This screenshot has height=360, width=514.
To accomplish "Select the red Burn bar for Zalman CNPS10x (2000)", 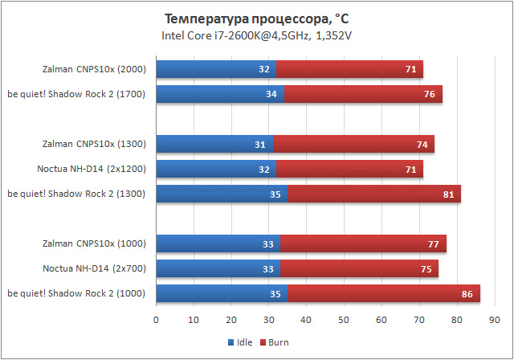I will click(349, 70).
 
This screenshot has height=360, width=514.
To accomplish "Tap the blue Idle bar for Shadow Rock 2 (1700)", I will click(219, 94).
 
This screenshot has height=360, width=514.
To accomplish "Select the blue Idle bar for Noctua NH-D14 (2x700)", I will click(218, 269).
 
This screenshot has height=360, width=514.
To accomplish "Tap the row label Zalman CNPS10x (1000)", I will click(94, 244).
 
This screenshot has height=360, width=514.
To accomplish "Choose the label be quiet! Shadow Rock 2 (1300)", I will click(76, 194).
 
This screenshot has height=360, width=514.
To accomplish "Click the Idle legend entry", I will click(242, 342).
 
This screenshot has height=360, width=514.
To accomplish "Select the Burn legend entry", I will click(274, 342).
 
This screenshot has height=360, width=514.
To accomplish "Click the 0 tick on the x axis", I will click(156, 320).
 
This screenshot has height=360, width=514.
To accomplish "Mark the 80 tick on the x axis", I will click(456, 320).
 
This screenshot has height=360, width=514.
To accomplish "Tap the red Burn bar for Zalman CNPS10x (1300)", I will click(353, 145).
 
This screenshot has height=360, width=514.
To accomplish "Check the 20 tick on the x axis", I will click(231, 320).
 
